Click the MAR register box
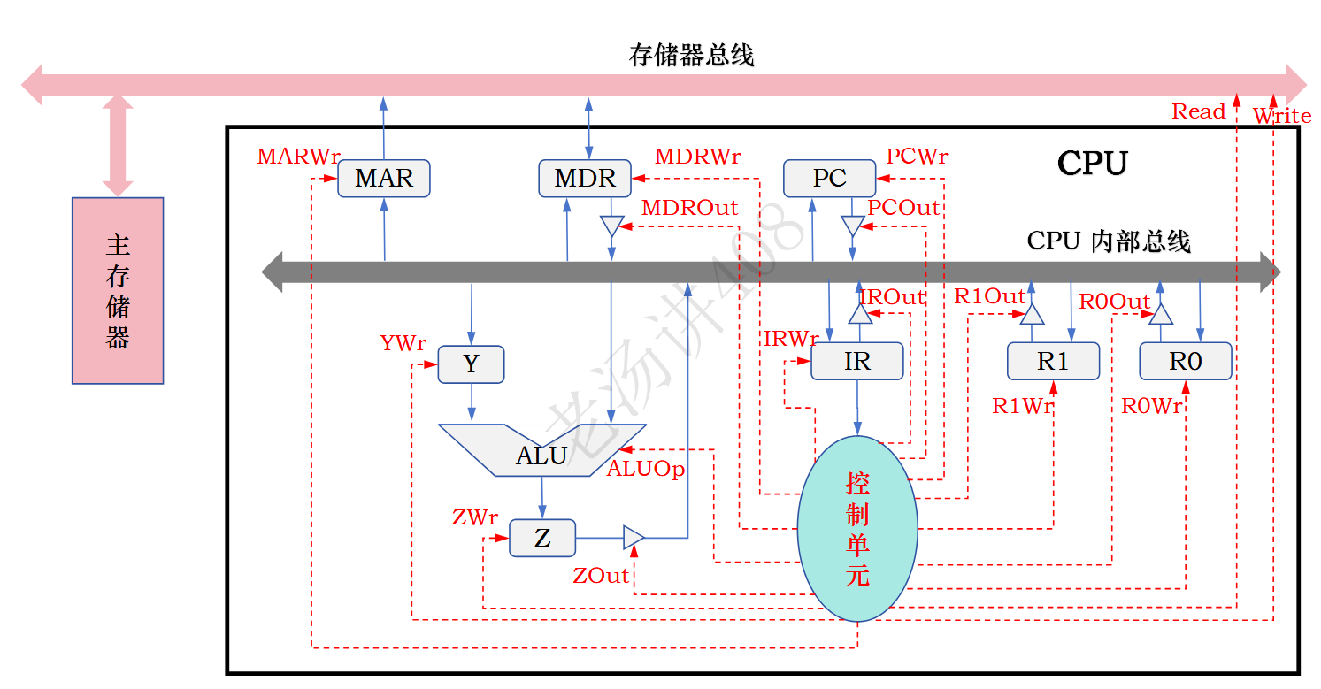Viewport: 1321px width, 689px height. tap(384, 179)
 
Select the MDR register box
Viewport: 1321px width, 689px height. tap(585, 179)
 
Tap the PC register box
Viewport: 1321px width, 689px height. tap(829, 179)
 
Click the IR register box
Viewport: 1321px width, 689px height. tap(856, 361)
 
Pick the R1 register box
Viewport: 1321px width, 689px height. tap(1053, 361)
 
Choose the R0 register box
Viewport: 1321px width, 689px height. tap(1185, 361)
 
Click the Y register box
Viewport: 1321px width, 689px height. tap(471, 364)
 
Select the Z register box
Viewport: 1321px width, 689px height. tap(542, 538)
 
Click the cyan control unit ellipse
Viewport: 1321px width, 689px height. tap(856, 528)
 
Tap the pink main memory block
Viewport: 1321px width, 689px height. tap(118, 290)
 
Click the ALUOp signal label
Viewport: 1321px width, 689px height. tap(645, 470)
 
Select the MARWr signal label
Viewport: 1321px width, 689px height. tap(298, 157)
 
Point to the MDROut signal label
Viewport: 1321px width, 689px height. tap(689, 208)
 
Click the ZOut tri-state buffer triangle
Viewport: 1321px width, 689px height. tap(634, 537)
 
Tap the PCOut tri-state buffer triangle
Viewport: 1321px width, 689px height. tap(852, 226)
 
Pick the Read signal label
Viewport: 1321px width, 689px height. tap(1198, 111)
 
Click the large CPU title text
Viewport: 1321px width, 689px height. tap(1093, 164)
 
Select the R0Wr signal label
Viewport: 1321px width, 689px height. tap(1151, 406)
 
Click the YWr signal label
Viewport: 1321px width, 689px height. tap(403, 343)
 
